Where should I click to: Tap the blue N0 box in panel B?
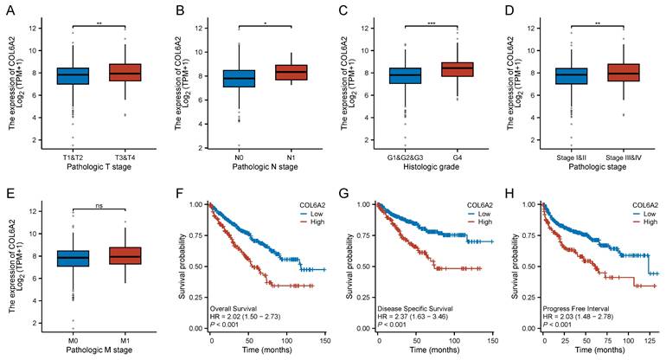[x=240, y=79]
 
